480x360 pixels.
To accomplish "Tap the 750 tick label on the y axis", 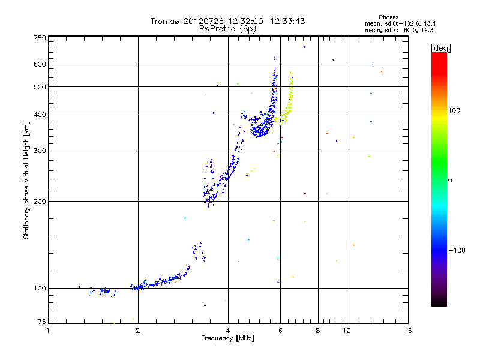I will pos(40,38).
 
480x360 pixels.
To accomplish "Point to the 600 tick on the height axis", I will pos(40,64).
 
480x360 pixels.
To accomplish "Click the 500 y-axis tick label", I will pos(40,87).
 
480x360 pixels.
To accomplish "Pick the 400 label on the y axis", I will pos(40,115).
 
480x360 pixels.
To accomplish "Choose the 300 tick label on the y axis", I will pos(40,151).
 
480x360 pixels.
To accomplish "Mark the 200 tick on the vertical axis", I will pos(40,201).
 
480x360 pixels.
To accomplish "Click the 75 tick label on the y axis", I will pos(41,323).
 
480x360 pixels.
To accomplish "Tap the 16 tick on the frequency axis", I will pos(407,331).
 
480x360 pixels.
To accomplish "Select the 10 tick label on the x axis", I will pos(346,331).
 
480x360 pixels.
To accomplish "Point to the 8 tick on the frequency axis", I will pos(317,331).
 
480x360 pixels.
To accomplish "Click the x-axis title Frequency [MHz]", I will pos(227,339).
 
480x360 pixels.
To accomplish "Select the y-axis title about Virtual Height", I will pos(27,180).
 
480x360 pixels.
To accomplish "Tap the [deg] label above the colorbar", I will pos(441,47).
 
